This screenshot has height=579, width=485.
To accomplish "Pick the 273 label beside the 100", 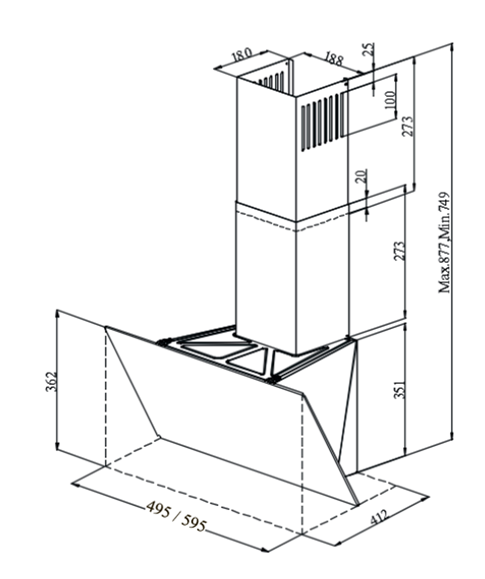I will [407, 126].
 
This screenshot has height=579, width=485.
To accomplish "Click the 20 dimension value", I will [362, 177].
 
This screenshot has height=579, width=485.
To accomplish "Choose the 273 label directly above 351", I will [400, 251].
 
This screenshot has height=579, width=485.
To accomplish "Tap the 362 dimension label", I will [50, 381].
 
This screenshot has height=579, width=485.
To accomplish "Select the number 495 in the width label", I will [158, 508].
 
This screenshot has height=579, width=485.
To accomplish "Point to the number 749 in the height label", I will [444, 203].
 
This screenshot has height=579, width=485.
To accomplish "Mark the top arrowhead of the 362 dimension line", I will [57, 313].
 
